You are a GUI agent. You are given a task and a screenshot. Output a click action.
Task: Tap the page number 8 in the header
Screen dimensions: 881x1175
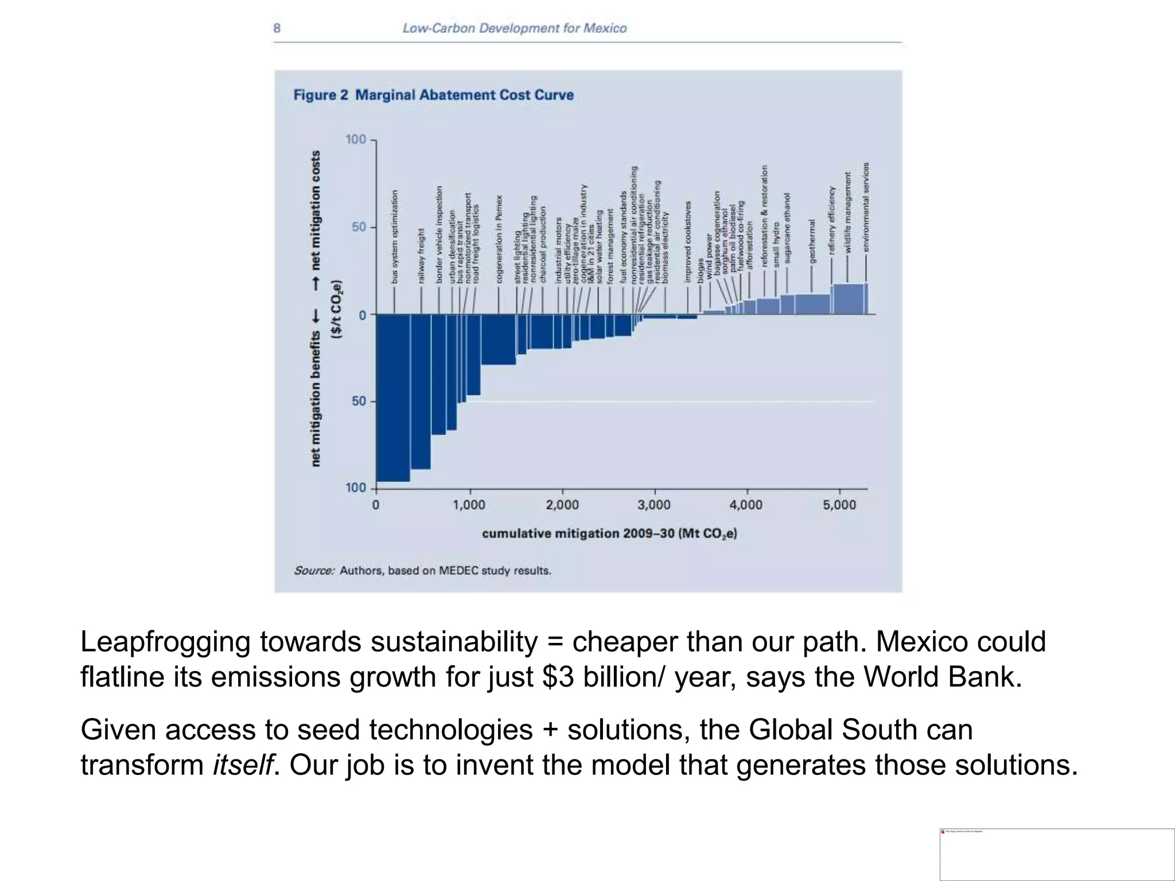[x=277, y=28]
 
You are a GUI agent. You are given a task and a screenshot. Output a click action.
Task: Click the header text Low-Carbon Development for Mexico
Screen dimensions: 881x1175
[x=514, y=28]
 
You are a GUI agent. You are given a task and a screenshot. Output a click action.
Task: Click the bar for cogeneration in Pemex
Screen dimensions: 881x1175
[x=498, y=339]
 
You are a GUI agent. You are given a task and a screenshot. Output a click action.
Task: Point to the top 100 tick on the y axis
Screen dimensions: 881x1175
[x=356, y=139]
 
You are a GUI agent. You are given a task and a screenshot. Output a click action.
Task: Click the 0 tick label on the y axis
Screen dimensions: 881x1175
[x=362, y=315]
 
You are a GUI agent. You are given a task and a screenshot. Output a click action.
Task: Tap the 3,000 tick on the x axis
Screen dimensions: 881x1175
[x=654, y=505]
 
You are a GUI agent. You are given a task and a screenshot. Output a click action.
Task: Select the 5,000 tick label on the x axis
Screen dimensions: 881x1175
[x=839, y=505]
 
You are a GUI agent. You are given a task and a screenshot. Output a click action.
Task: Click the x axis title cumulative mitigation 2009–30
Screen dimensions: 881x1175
[x=609, y=533]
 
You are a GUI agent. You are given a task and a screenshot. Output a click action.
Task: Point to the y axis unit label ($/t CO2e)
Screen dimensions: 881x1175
[x=338, y=310]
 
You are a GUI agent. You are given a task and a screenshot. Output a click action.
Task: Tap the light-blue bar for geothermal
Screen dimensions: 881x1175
[x=812, y=303]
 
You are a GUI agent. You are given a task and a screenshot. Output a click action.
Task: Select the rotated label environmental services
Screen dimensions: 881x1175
[x=866, y=206]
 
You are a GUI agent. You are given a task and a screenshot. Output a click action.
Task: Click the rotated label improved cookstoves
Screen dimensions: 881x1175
[x=688, y=241]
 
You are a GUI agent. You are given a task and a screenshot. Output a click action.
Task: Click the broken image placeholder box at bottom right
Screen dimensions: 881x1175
[x=1057, y=854]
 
